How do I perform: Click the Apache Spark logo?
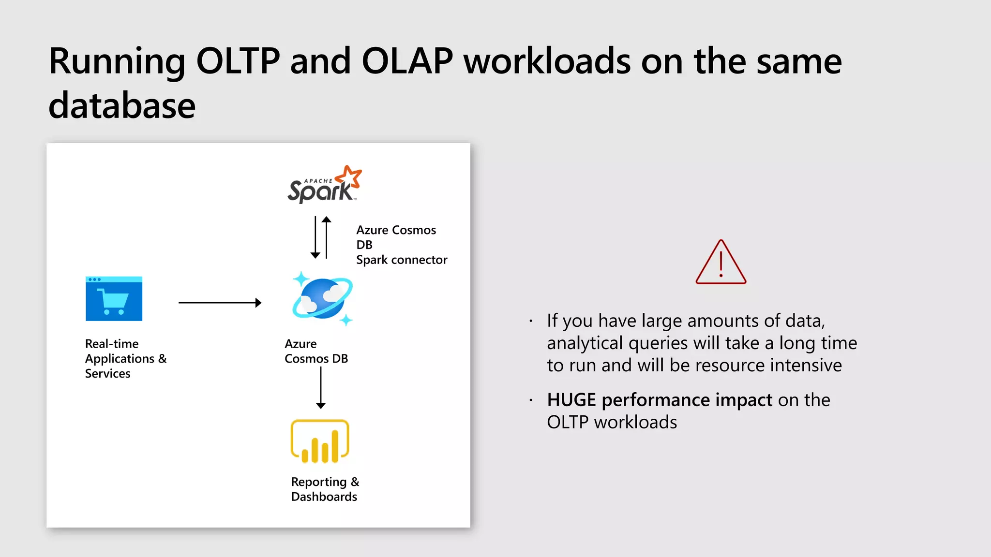(324, 185)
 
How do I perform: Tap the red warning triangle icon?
(721, 263)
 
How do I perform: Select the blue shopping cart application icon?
(114, 299)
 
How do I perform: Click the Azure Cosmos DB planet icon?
(322, 299)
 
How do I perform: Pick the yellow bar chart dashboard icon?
(320, 441)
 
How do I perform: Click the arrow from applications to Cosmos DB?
(220, 303)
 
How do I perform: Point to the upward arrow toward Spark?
(327, 237)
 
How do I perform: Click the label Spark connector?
(402, 260)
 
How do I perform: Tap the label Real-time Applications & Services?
(125, 359)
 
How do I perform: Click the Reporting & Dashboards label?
(325, 489)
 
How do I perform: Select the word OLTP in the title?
(238, 61)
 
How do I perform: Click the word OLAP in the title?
(407, 61)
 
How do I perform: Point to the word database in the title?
(122, 106)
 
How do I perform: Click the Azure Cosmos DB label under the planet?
(316, 352)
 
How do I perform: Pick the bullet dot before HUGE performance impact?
(531, 400)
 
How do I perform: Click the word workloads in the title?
(547, 61)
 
